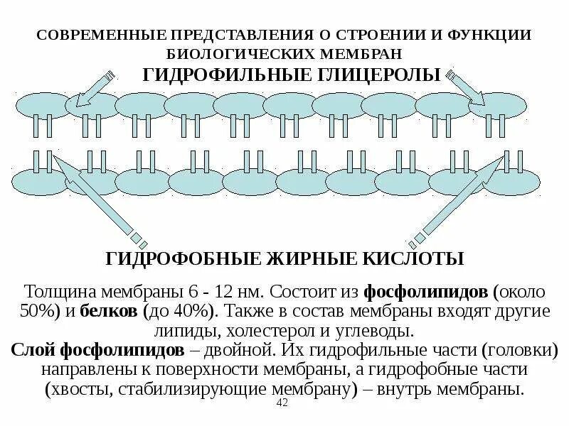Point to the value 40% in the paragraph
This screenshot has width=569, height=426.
(x=195, y=311)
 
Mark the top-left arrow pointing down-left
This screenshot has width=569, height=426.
(x=94, y=87)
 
